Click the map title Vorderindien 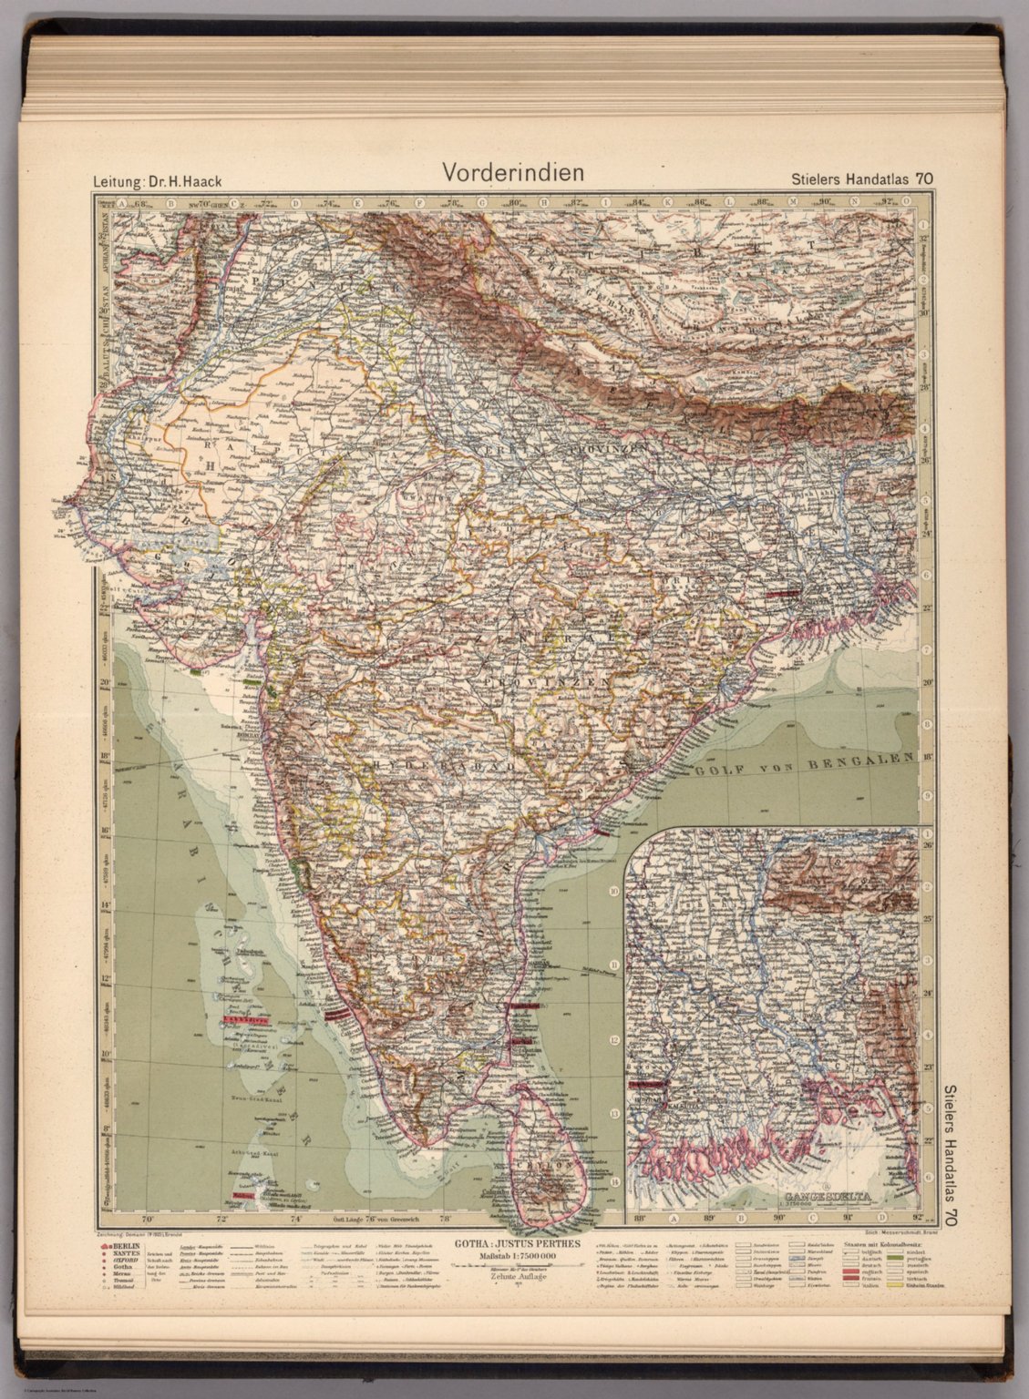pyautogui.click(x=512, y=172)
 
